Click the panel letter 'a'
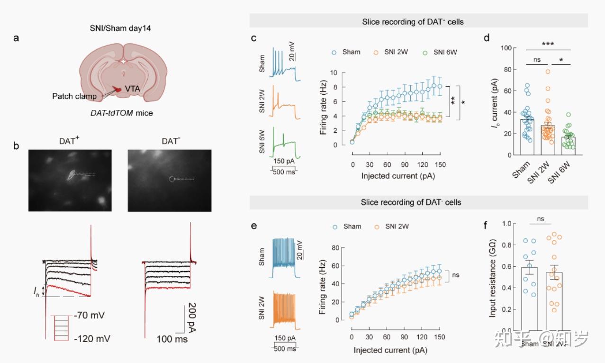coord(17,38)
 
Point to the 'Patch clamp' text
coord(74,96)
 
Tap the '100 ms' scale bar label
coord(172,339)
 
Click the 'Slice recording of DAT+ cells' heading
coord(418,21)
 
